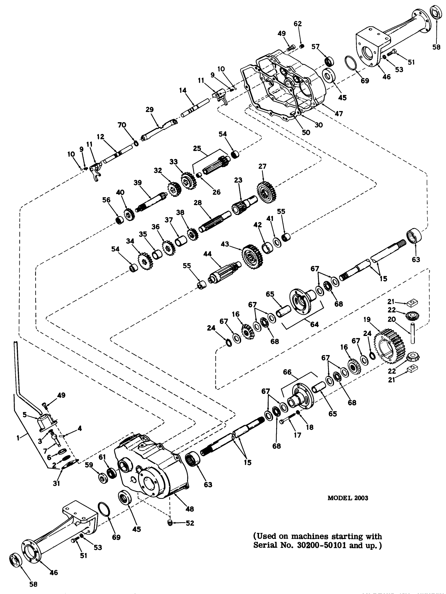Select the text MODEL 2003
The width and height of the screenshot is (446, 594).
pos(348,498)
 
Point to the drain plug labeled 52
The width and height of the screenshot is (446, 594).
pos(170,522)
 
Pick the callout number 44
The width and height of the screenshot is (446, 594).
pos(207,253)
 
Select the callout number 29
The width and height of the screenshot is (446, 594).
pos(150,110)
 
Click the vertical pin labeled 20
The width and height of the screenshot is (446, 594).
pos(413,333)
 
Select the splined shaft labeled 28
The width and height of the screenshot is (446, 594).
pos(215,220)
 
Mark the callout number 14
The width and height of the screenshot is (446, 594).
pos(182,90)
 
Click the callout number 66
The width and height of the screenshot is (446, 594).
pos(287,372)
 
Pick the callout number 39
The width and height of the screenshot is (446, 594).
pos(137,183)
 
